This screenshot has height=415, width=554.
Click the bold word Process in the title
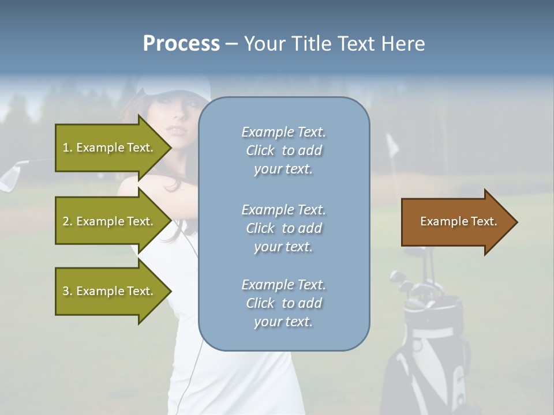point(181,44)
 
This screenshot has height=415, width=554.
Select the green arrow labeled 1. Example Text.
point(110,148)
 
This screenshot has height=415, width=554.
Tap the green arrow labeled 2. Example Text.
point(110,221)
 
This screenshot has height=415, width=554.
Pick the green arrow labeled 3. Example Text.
point(110,291)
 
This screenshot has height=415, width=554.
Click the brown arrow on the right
point(456,222)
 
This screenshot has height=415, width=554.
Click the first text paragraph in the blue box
point(283,150)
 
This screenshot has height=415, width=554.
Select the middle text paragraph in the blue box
point(283,228)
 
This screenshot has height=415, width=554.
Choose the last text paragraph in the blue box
point(283,303)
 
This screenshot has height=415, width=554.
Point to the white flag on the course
point(392,144)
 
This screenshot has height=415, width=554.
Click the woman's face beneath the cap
point(179,118)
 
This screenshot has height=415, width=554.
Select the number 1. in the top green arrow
point(67,148)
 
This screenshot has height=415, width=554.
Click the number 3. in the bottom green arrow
point(67,291)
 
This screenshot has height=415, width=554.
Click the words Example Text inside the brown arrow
point(458,221)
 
